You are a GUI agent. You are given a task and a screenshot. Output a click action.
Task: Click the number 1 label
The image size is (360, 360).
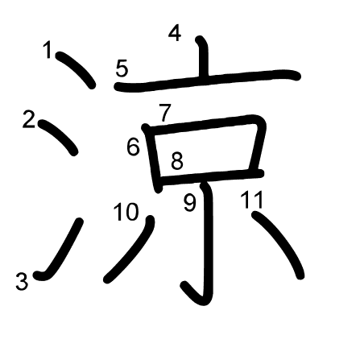click(48, 50)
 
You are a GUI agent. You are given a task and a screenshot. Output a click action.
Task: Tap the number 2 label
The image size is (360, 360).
click(29, 120)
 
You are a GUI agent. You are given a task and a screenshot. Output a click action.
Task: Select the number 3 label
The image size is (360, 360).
click(22, 281)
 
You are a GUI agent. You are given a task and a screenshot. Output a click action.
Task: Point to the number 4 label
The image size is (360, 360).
click(175, 33)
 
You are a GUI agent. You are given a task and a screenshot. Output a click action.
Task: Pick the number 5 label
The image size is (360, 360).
click(122, 68)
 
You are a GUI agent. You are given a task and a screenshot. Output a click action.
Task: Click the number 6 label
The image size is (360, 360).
click(134, 147)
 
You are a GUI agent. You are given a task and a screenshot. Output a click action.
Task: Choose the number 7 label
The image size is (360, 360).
click(164, 113)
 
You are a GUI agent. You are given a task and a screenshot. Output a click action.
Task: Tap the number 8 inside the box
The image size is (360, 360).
click(177, 161)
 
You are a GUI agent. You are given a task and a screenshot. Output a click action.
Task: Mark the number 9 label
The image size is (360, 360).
click(190, 202)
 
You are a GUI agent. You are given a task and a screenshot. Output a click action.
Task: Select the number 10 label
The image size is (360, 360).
click(126, 212)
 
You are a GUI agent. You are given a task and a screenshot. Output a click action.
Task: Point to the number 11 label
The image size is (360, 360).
click(252, 200)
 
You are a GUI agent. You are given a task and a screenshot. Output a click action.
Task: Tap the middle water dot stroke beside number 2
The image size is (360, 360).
click(58, 137)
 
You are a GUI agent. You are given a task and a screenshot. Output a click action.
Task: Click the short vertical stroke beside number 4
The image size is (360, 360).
click(203, 58)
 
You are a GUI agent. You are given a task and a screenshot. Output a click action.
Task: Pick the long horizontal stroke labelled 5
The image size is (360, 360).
click(207, 79)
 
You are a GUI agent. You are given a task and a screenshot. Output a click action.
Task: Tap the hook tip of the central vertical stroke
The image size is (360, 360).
click(184, 285)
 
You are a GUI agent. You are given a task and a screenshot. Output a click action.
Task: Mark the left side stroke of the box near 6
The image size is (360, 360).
click(153, 159)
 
